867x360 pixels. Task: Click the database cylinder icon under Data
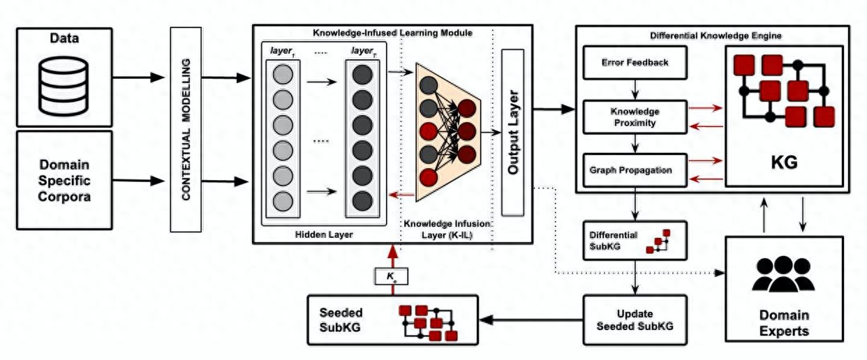(64, 86)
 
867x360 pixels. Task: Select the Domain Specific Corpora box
(64, 180)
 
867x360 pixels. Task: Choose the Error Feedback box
(635, 63)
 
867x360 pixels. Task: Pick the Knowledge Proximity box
(635, 117)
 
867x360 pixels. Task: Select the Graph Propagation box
(635, 170)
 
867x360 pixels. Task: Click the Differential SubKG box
(625, 240)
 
